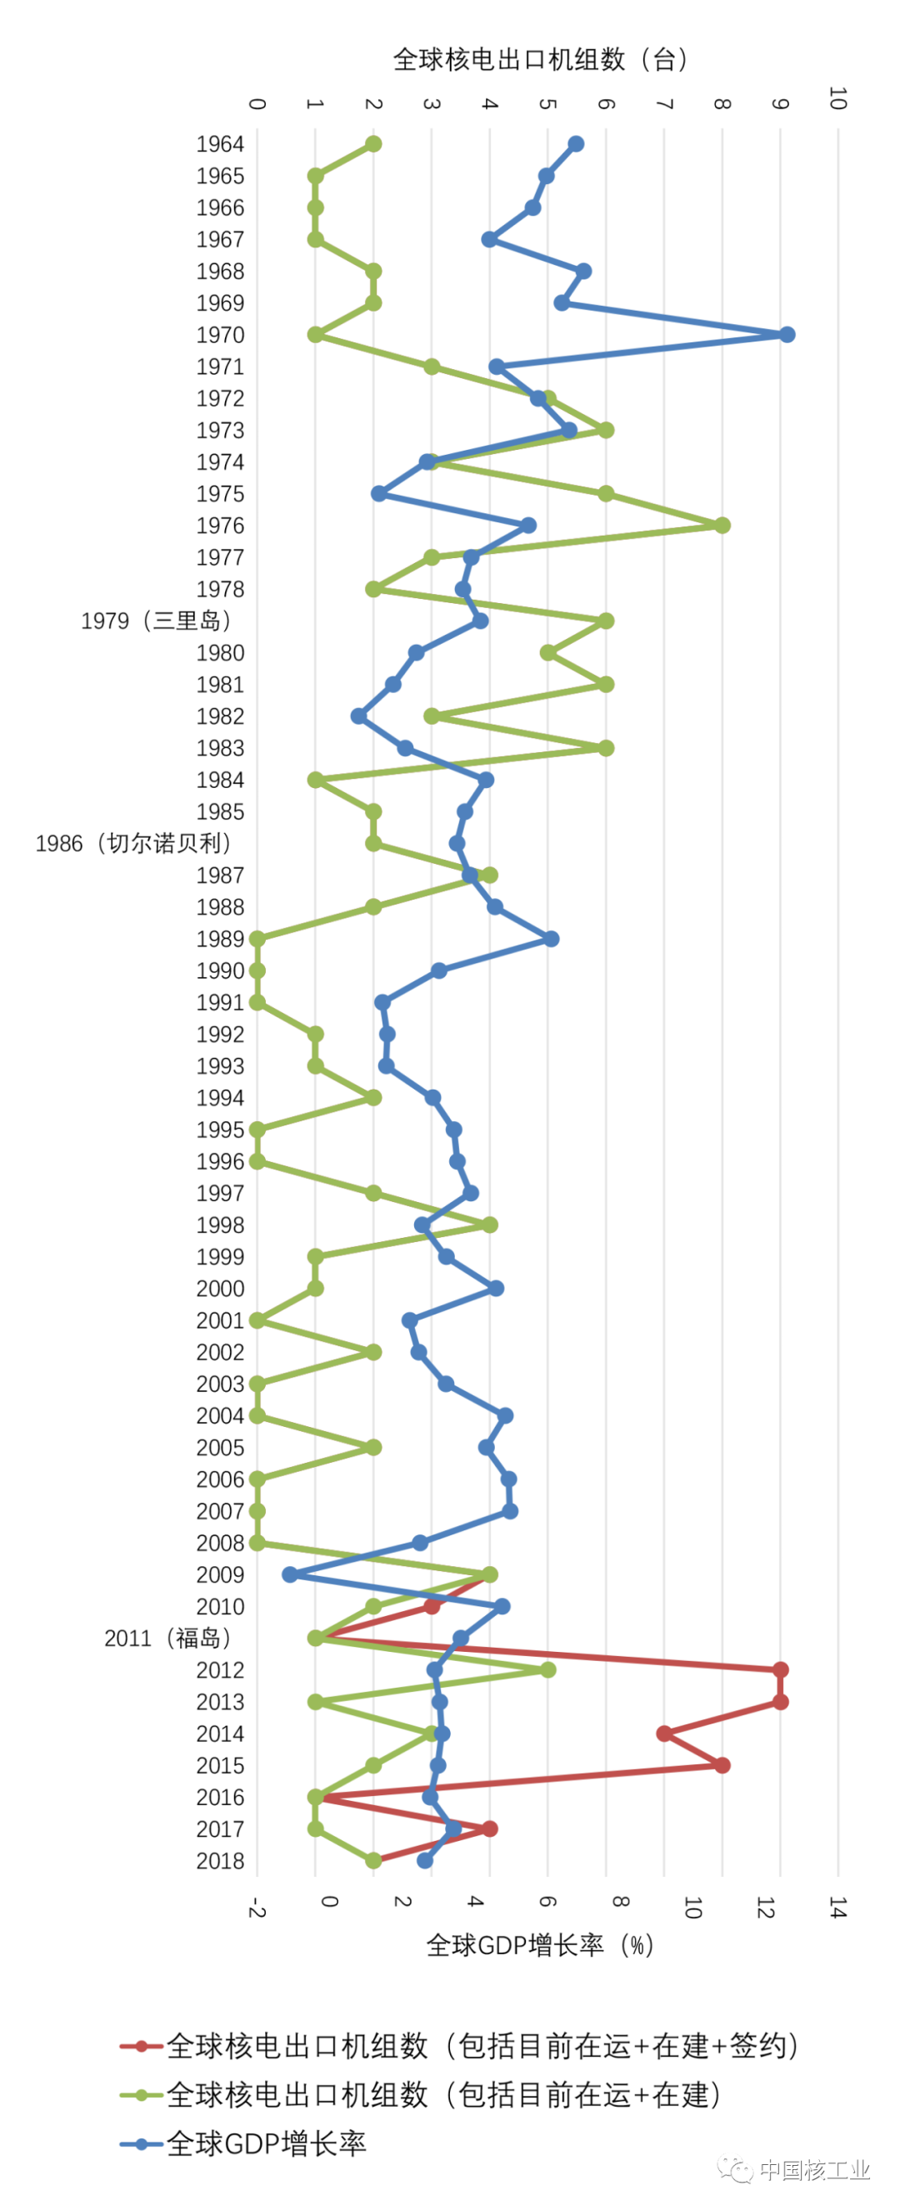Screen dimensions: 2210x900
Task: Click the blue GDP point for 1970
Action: point(786,335)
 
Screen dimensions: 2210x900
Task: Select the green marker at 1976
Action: point(722,525)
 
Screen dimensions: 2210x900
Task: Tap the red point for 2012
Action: point(780,1669)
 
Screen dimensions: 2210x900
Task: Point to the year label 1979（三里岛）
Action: point(156,621)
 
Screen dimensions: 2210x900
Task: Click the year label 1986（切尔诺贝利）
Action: point(133,843)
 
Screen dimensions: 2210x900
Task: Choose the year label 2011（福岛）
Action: point(167,1638)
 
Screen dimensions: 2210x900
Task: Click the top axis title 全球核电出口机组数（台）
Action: point(540,59)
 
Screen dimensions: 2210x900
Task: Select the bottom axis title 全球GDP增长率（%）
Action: point(540,1944)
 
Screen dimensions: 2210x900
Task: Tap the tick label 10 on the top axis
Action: point(837,98)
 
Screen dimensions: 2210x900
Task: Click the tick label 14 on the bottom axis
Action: point(837,1907)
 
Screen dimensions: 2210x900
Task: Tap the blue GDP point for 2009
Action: point(290,1574)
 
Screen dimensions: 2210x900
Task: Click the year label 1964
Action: point(220,144)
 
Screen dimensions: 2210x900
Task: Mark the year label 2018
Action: point(220,1860)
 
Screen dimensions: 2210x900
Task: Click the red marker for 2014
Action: point(664,1733)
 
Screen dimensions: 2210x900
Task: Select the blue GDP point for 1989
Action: point(551,939)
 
